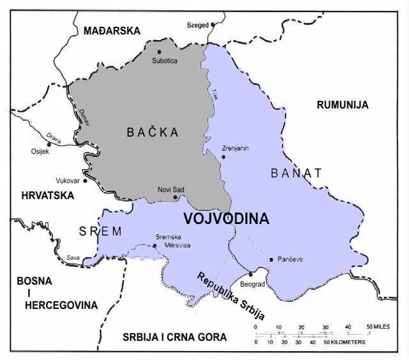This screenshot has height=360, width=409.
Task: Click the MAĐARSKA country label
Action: tap(107, 30)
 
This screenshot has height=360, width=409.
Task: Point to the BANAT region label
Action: tap(296, 172)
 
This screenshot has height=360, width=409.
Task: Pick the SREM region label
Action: tap(100, 231)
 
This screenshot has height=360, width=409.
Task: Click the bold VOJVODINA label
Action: tap(226, 218)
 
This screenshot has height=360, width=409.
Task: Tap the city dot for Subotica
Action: tap(158, 52)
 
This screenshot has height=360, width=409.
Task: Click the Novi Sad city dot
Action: tap(176, 197)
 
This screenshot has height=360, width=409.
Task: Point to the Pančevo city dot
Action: tap(272, 259)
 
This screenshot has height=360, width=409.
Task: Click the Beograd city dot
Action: tap(251, 274)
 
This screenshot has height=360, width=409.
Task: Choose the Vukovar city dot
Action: tap(84, 181)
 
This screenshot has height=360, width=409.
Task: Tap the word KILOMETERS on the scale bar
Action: tap(348, 342)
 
